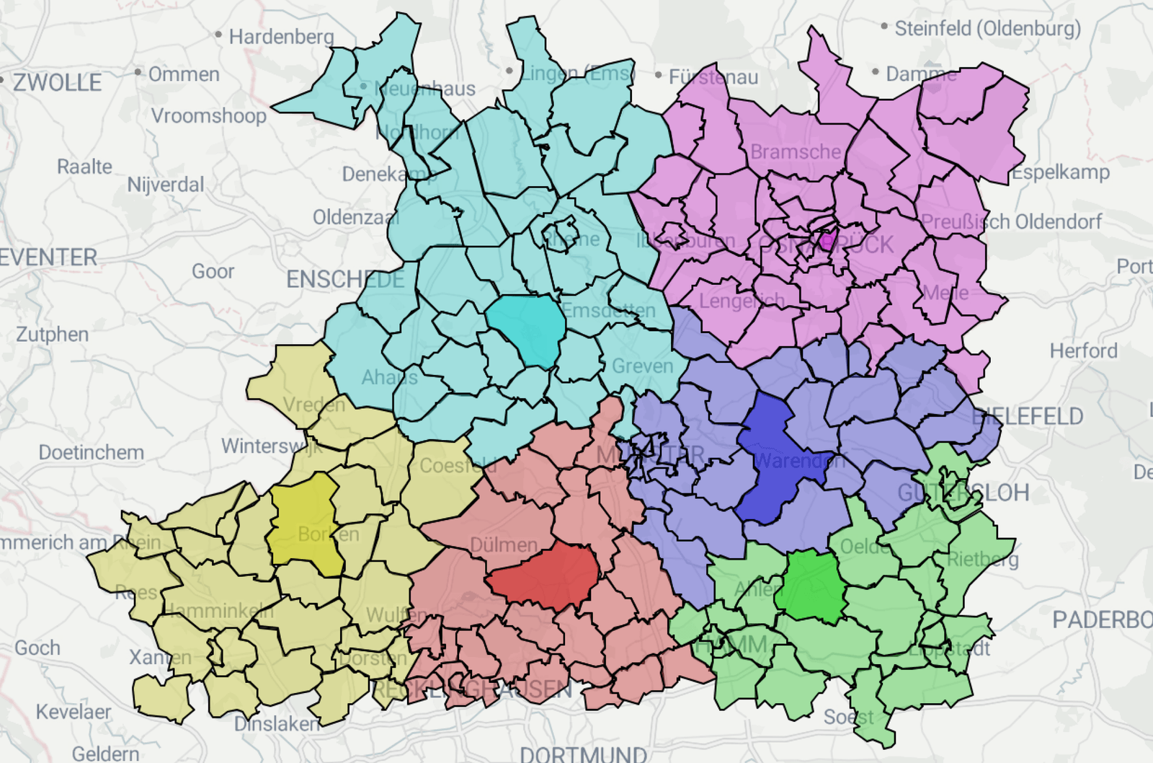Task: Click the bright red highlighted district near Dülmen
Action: click(544, 575)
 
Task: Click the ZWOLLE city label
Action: click(58, 82)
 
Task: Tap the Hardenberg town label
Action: click(281, 37)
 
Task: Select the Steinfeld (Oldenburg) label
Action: click(987, 29)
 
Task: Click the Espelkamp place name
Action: click(1061, 172)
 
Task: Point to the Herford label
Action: click(1083, 351)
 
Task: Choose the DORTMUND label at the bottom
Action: click(583, 754)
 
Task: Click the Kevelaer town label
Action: click(74, 713)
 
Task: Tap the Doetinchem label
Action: click(92, 453)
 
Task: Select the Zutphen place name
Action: click(53, 335)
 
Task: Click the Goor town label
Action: click(213, 272)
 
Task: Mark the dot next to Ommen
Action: click(138, 72)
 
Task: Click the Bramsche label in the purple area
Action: click(796, 152)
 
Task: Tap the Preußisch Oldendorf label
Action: click(1011, 222)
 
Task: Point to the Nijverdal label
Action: click(166, 185)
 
